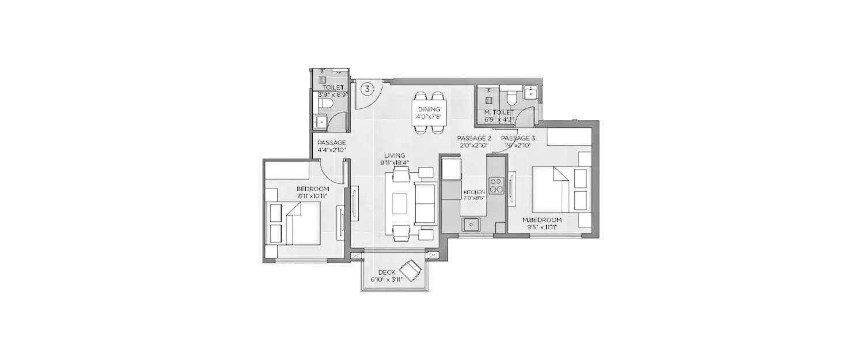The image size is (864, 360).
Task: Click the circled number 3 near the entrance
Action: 367,89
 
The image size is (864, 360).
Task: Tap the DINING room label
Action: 429,109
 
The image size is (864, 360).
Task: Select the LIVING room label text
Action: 396,156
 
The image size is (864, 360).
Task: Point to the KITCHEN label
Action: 475,192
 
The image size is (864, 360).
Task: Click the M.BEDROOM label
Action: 541,220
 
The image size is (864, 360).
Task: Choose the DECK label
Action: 386,272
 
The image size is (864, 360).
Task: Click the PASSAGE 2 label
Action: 473,139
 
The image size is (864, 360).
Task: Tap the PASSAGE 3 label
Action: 518,139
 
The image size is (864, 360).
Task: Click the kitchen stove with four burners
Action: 496,185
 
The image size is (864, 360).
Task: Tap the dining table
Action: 429,113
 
